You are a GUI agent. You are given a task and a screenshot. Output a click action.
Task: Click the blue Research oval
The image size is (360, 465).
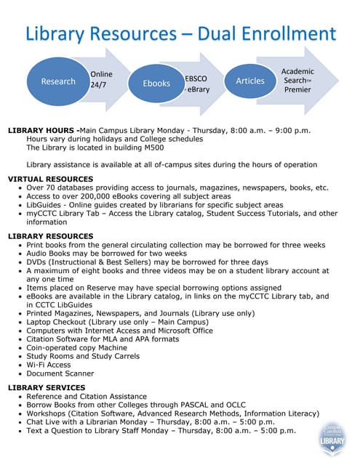pos(58,81)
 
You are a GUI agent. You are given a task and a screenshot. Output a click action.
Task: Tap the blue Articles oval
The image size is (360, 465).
pos(250,81)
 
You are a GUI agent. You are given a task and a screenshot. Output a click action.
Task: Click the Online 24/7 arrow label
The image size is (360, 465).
pos(101,79)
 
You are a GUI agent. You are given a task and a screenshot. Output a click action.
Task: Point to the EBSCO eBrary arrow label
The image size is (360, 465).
pos(197,82)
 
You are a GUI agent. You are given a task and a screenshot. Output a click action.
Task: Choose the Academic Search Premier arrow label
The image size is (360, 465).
pos(297,80)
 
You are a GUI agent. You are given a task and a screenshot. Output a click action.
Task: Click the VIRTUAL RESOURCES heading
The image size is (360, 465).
pos(50,179)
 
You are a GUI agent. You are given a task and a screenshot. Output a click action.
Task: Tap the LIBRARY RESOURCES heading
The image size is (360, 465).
pos(50,236)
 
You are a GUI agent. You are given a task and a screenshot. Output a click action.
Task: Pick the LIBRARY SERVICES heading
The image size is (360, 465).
pos(47,387)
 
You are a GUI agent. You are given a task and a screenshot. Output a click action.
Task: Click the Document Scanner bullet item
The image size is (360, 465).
pos(60,373)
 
